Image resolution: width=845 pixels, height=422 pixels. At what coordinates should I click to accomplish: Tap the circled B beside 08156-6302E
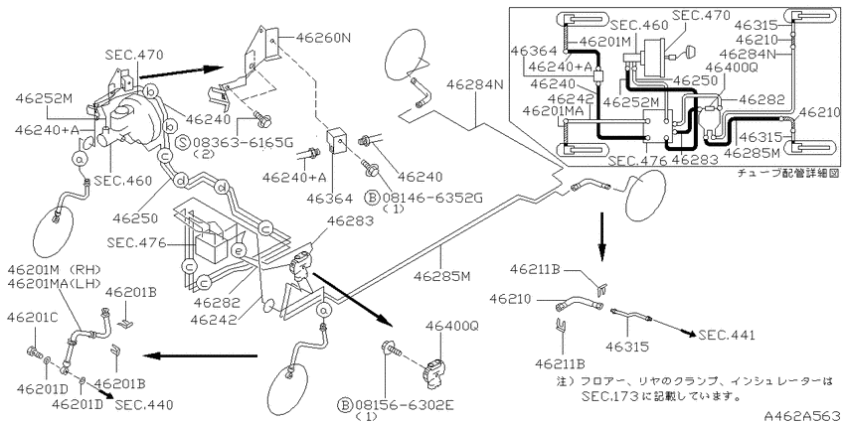point(345,405)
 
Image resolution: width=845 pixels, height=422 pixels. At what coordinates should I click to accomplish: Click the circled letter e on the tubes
point(237,251)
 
